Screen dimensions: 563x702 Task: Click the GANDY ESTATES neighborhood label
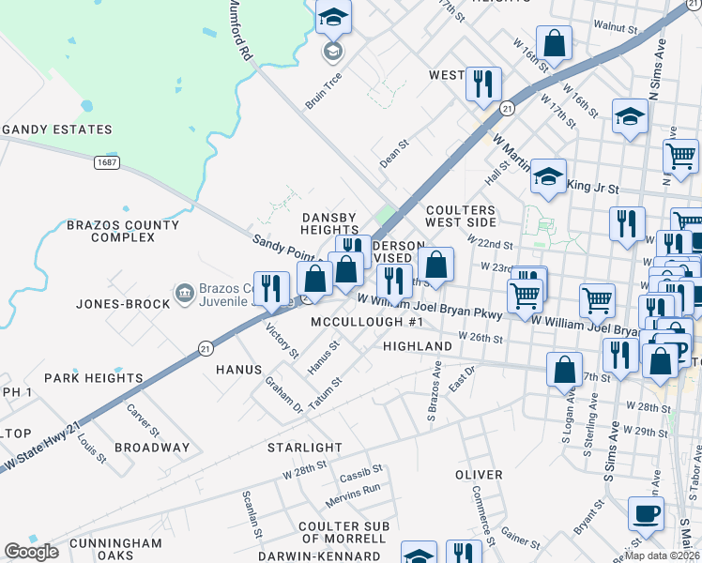coord(56,129)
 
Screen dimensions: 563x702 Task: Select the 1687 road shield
coord(105,162)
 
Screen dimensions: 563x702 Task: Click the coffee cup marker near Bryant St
coord(646,513)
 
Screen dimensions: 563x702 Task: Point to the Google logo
coord(31,552)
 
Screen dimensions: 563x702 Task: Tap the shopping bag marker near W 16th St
coord(554,43)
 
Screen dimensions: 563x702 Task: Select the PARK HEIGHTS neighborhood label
coord(98,378)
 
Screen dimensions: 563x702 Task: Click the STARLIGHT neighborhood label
coord(305,448)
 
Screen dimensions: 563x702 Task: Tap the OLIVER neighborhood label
coord(479,475)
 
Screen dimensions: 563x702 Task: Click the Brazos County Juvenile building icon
coord(184,293)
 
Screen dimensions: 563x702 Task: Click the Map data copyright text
coord(663,555)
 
